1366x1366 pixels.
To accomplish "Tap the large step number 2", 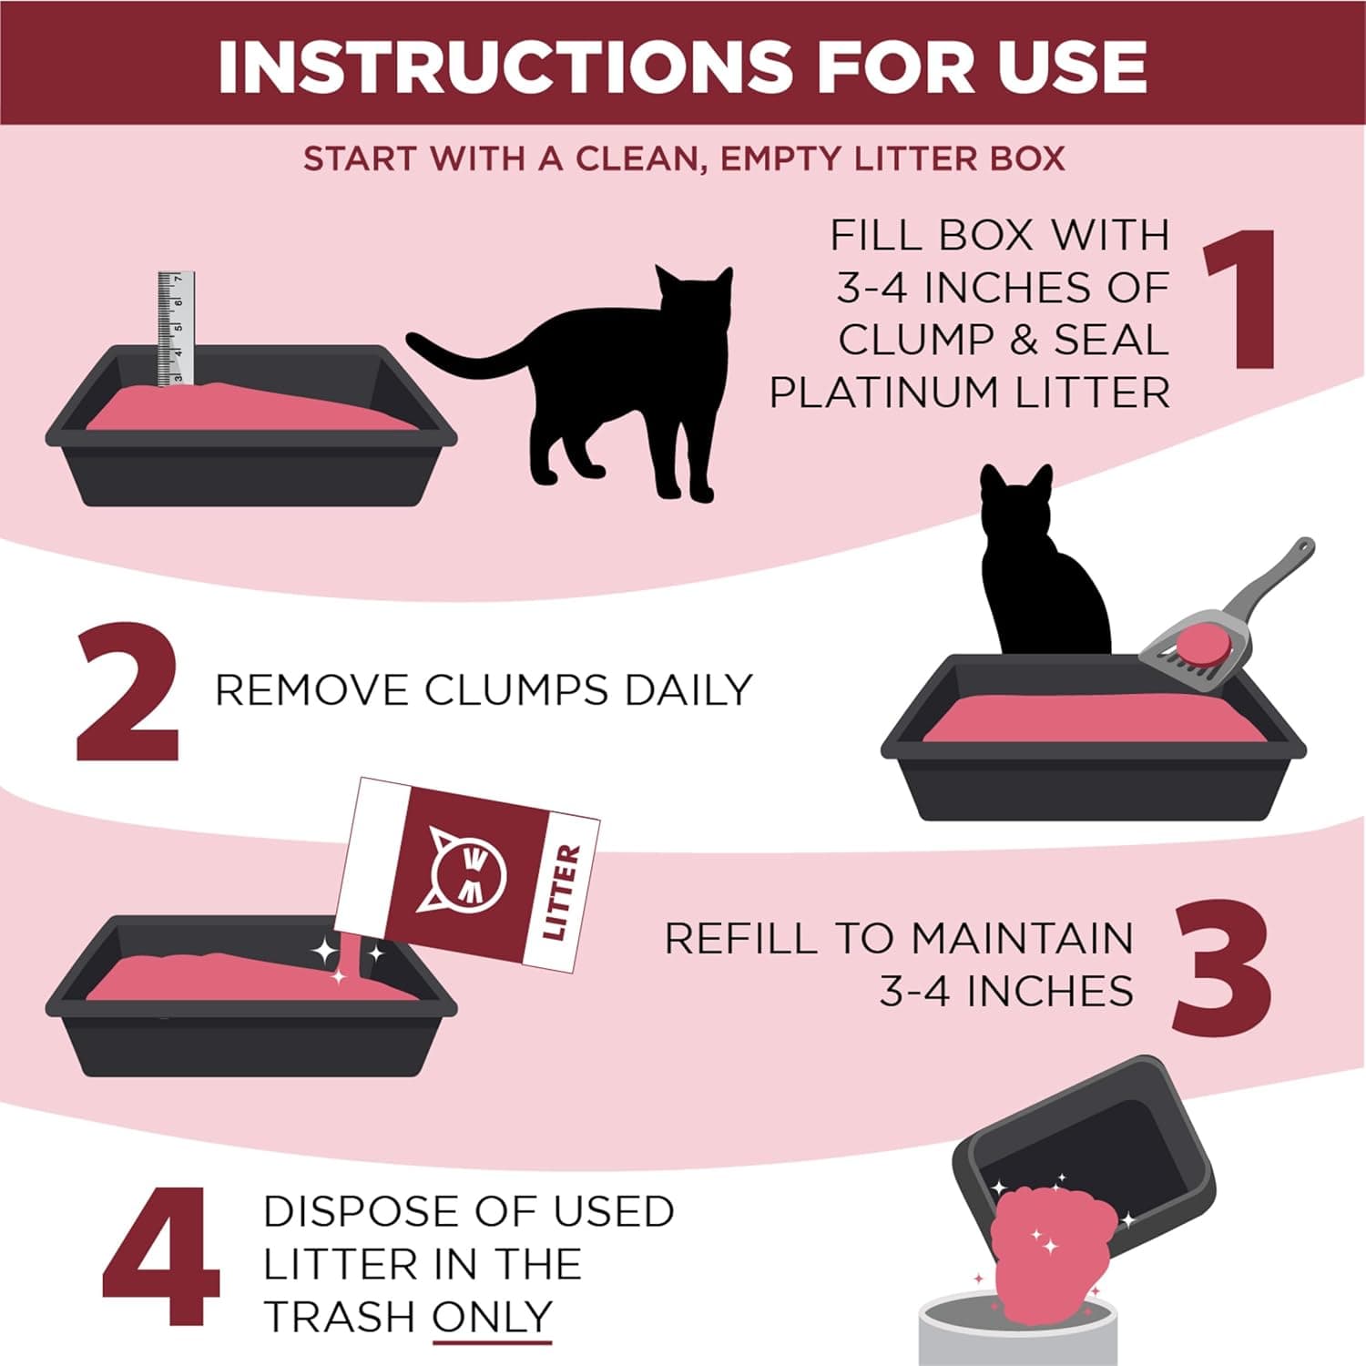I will pyautogui.click(x=127, y=691).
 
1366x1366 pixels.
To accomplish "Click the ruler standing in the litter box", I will pyautogui.click(x=175, y=328).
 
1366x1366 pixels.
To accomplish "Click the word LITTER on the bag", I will pyautogui.click(x=561, y=892).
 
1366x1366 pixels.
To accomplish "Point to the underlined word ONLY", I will pyautogui.click(x=492, y=1317).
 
